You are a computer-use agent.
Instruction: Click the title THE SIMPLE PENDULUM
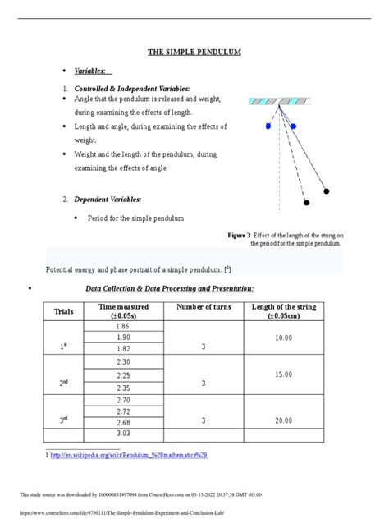point(194,53)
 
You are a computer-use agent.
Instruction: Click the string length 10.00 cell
point(283,338)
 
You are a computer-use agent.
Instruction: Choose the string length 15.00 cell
point(283,374)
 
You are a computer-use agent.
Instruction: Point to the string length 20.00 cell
point(283,420)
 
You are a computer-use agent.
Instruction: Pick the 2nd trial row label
point(62,383)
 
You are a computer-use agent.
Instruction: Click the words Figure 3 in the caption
point(238,236)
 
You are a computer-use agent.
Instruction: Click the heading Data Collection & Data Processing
point(170,288)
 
